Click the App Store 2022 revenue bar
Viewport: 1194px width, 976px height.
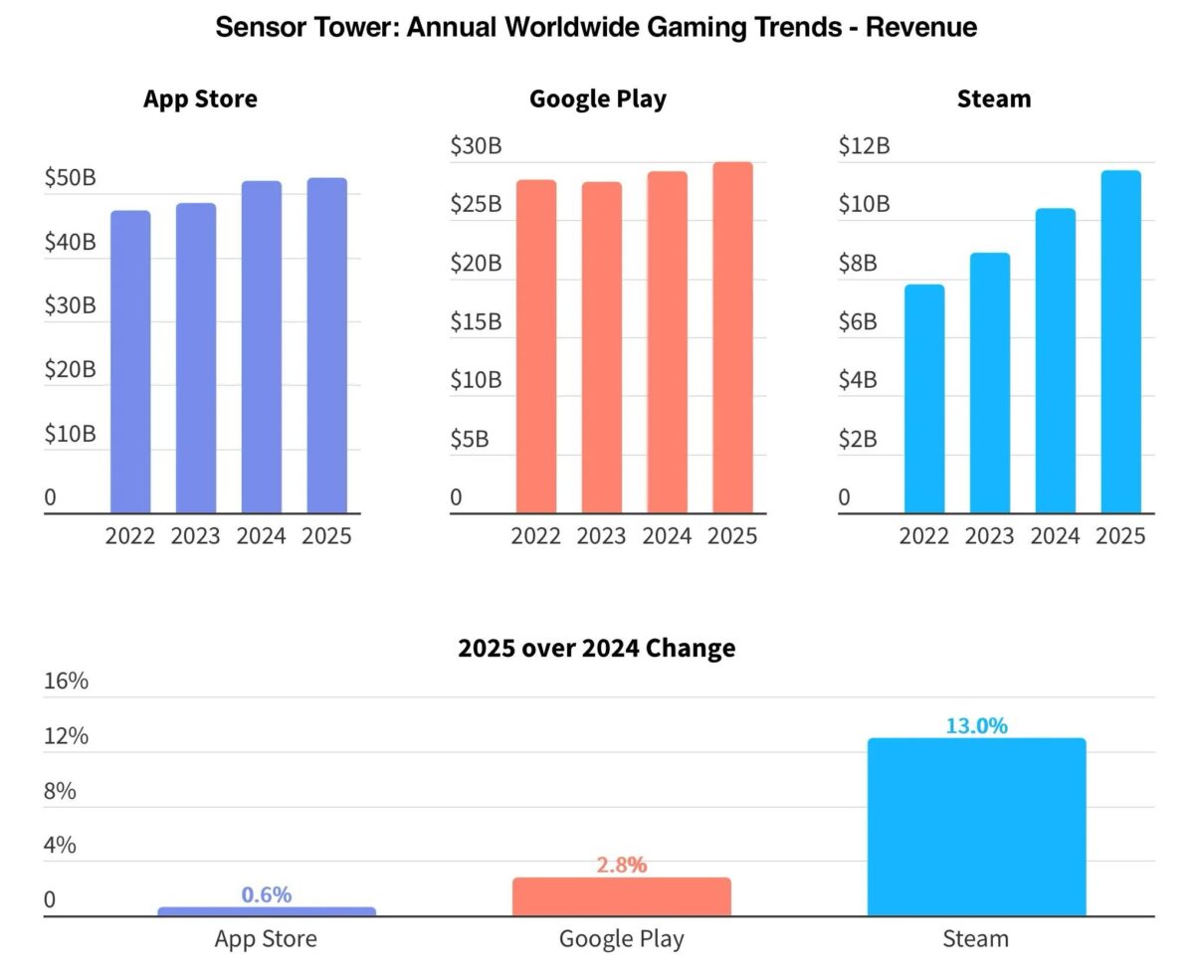[x=130, y=362]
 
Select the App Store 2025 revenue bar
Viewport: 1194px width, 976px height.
[x=326, y=346]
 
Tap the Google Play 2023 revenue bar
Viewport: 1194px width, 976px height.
[x=601, y=348]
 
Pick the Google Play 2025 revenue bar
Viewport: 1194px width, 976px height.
[x=732, y=338]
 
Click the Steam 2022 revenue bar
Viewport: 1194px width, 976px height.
[x=924, y=399]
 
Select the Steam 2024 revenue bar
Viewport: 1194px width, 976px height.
[x=1055, y=361]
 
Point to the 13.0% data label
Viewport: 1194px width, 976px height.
[x=976, y=726]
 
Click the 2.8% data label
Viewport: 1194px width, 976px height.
[x=621, y=866]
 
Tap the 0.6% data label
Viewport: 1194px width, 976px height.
[x=267, y=895]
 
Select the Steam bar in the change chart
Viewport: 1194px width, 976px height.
[x=976, y=827]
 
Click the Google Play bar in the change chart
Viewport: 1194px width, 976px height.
[x=621, y=896]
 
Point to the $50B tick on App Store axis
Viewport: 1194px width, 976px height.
[x=70, y=178]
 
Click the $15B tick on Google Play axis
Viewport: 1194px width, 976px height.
[x=476, y=321]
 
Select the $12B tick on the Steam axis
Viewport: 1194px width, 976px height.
[x=864, y=146]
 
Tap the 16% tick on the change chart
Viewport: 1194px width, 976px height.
[x=66, y=682]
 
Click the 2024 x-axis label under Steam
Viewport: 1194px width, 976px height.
[x=1055, y=536]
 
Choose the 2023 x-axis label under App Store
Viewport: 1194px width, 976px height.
[x=195, y=536]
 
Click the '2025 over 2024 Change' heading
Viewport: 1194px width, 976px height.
[x=596, y=649]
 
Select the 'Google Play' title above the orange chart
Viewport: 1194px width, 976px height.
[x=597, y=99]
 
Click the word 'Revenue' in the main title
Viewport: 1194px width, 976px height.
[x=920, y=27]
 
